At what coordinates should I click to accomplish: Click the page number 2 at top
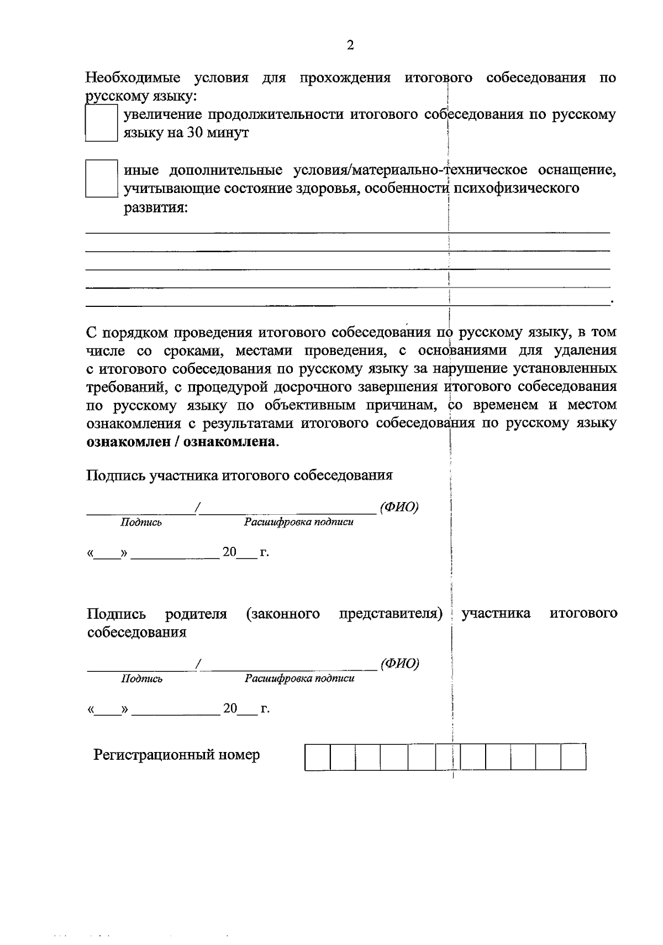[350, 46]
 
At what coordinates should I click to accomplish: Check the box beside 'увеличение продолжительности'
[101, 124]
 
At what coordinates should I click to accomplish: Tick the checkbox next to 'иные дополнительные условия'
[101, 179]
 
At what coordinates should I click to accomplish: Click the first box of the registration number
[317, 758]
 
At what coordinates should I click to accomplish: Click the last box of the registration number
[573, 758]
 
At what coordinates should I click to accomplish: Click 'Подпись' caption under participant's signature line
[141, 523]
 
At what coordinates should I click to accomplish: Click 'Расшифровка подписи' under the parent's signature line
[299, 678]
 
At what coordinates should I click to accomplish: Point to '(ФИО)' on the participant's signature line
[399, 507]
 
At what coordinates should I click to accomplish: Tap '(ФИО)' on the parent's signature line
[399, 664]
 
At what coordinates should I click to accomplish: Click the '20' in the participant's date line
[229, 552]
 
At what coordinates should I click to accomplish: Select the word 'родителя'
[196, 614]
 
